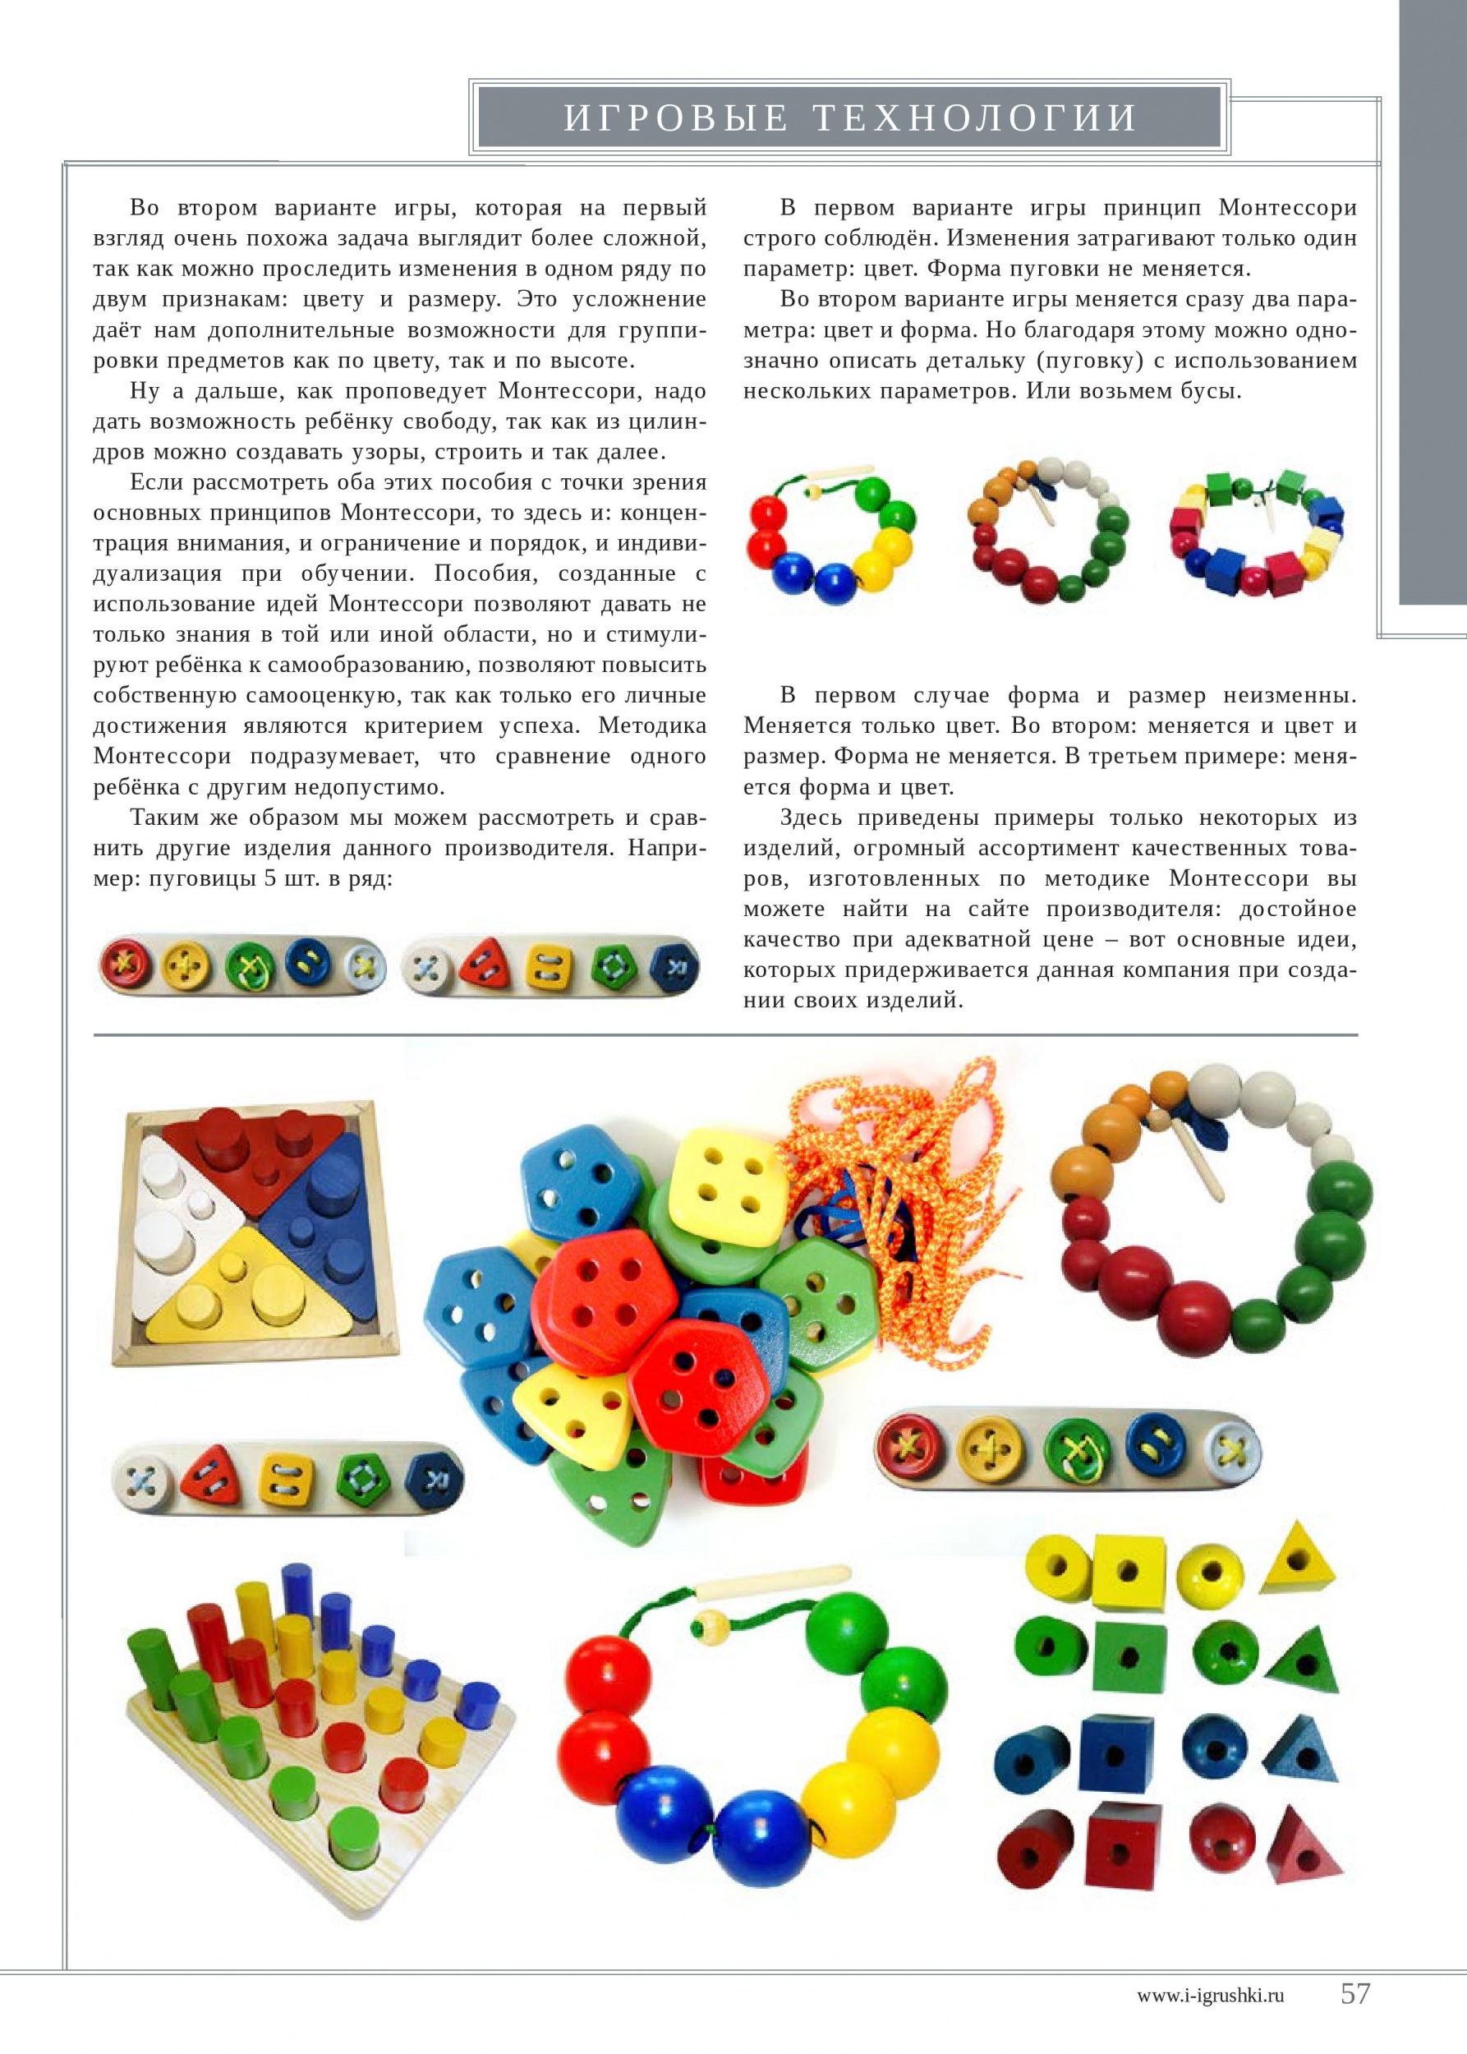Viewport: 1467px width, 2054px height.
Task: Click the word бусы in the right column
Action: pos(1210,392)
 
